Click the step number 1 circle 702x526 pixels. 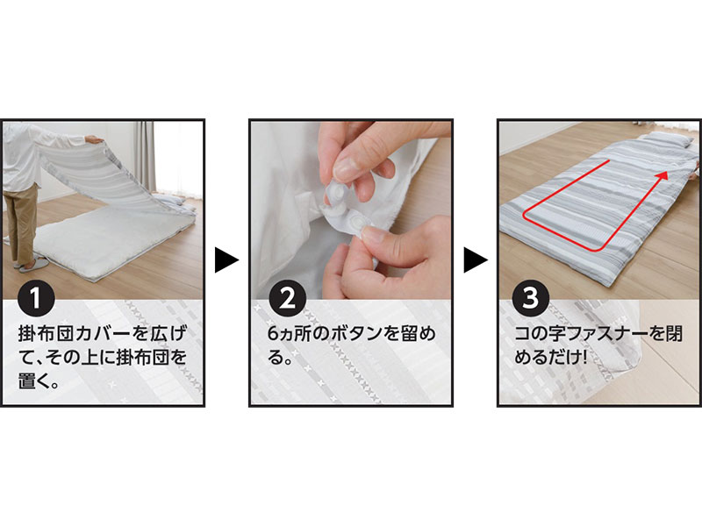click(x=36, y=298)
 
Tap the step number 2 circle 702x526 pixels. click(x=288, y=298)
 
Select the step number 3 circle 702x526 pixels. click(x=531, y=298)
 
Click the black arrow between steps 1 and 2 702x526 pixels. click(x=227, y=259)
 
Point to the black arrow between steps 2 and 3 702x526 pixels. click(x=476, y=259)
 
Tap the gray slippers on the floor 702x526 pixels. click(x=32, y=266)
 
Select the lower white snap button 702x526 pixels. click(x=358, y=223)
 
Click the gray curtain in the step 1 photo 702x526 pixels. click(x=145, y=157)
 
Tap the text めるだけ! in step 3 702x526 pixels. click(x=551, y=358)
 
